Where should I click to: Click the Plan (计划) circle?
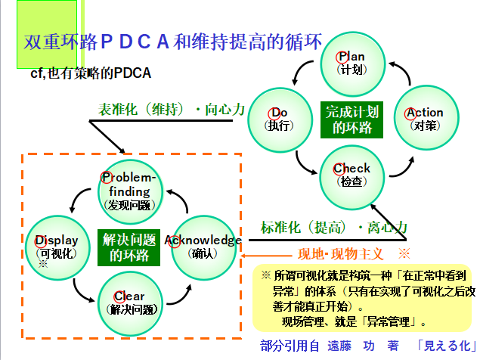tap(352, 62)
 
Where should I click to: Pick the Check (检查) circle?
tap(352, 174)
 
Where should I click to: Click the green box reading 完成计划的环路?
tap(352, 119)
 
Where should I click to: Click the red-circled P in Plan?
tap(342, 56)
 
